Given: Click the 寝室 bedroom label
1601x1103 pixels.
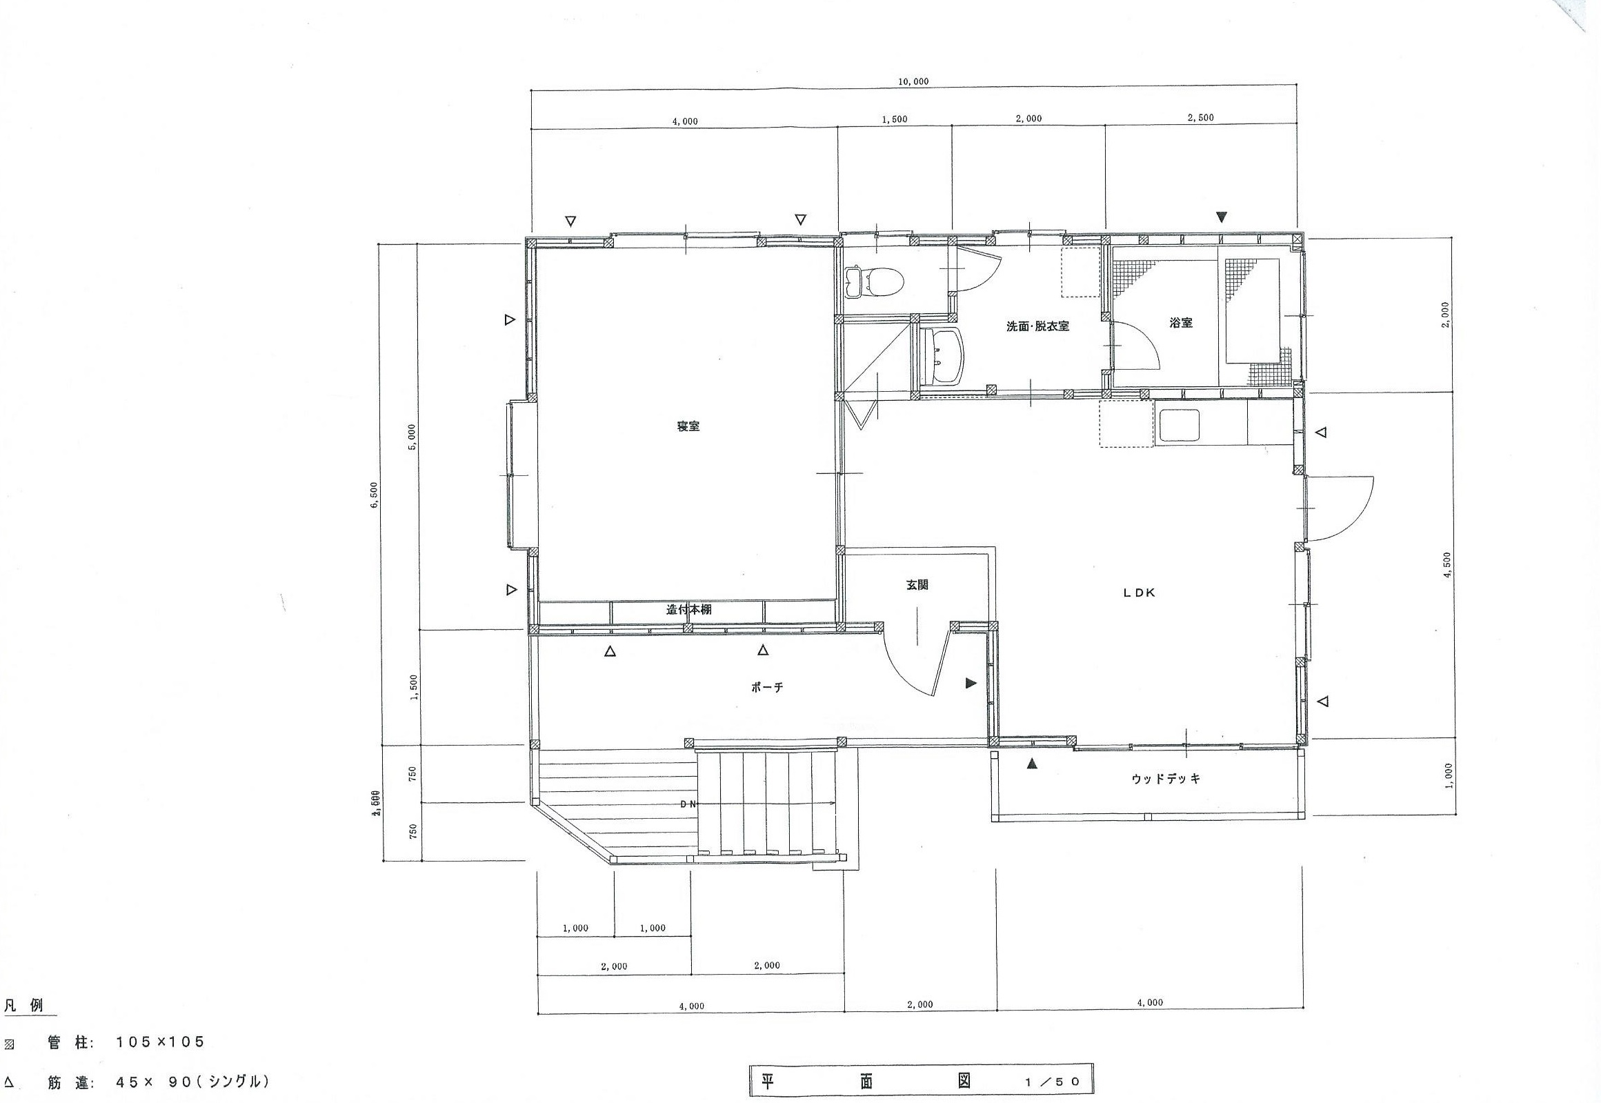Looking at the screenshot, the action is pyautogui.click(x=688, y=426).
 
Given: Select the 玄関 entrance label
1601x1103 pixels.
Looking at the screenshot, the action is pyautogui.click(x=917, y=585).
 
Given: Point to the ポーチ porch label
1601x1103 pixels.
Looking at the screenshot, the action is pyautogui.click(x=767, y=688).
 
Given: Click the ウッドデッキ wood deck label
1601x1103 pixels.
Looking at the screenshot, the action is pyautogui.click(x=1166, y=779).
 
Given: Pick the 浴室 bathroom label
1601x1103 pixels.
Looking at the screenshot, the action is pyautogui.click(x=1181, y=322).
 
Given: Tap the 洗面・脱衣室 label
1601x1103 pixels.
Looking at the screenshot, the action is pyautogui.click(x=1037, y=326).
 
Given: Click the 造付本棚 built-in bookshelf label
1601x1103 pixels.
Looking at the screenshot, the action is pyautogui.click(x=688, y=610).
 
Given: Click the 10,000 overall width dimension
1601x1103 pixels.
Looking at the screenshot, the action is pyautogui.click(x=913, y=81).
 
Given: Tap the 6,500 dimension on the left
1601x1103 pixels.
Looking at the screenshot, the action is pyautogui.click(x=374, y=494).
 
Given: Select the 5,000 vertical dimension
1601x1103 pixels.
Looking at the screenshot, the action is pyautogui.click(x=412, y=436).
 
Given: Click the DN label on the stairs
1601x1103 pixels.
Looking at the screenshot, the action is pyautogui.click(x=689, y=804).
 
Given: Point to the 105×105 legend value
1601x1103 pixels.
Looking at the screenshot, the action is pyautogui.click(x=160, y=1042).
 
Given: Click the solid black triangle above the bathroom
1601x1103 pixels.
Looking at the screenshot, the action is pyautogui.click(x=1222, y=217).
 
